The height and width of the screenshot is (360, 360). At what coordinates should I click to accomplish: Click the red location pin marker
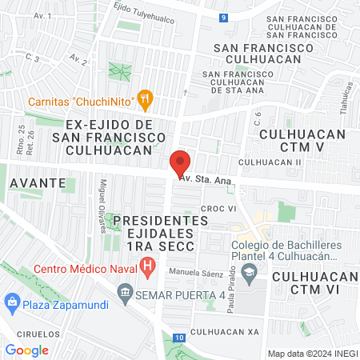(x=180, y=162)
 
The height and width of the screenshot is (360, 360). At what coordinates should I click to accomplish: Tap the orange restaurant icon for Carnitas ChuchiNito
(x=145, y=101)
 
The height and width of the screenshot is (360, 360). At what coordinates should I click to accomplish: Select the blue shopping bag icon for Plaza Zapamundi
(x=11, y=303)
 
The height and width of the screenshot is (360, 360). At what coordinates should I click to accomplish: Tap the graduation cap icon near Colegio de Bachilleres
(x=250, y=274)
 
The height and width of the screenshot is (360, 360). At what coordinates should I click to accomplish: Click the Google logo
(x=26, y=350)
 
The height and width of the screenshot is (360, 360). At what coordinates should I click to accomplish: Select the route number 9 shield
(x=225, y=17)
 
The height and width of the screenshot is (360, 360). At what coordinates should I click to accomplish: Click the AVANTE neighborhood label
(x=38, y=182)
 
